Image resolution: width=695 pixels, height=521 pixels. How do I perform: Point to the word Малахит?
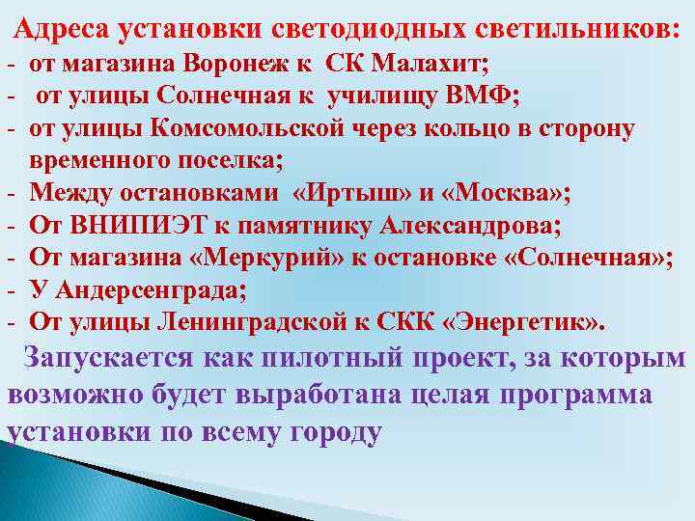pyautogui.click(x=431, y=65)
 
